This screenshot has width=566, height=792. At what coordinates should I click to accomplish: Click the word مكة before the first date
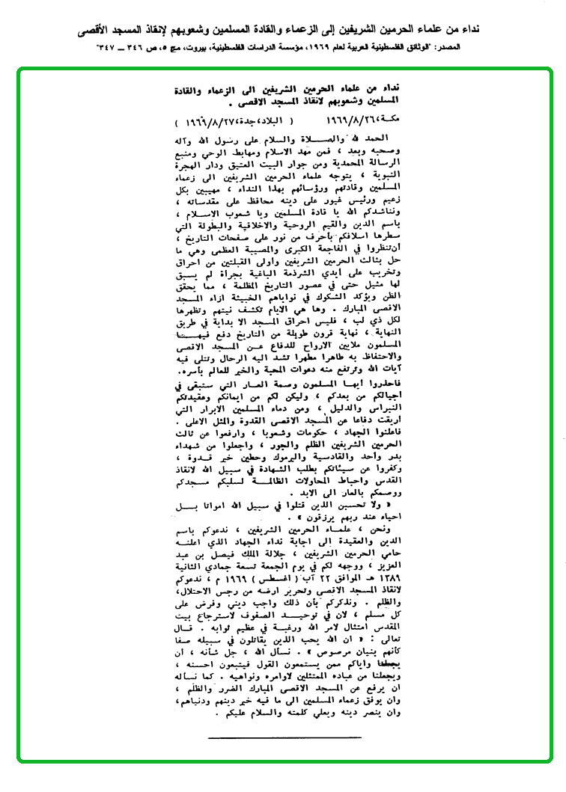coord(401,120)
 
